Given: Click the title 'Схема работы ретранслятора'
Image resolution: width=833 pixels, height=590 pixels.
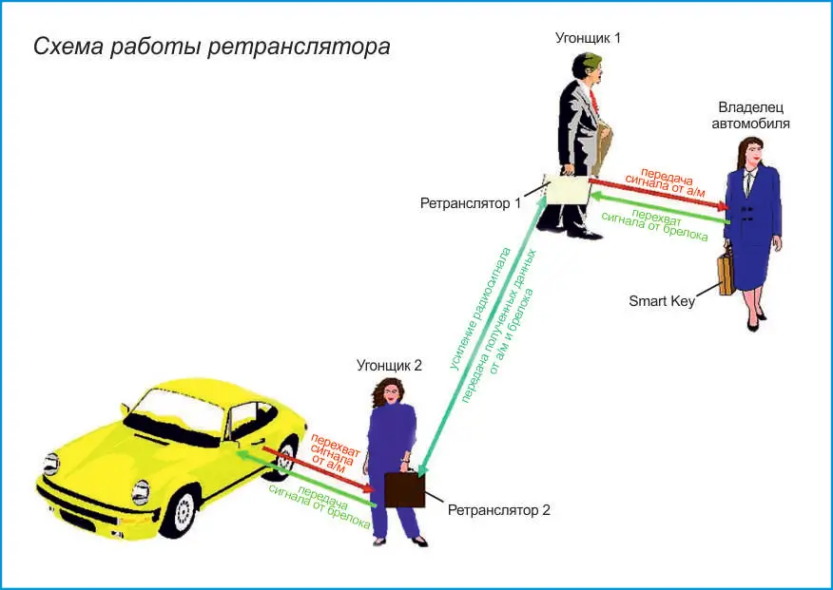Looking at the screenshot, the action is click(x=211, y=48).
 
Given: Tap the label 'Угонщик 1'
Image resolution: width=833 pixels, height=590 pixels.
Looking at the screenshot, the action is click(x=588, y=38).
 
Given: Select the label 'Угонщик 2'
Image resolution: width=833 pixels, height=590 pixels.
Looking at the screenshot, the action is click(x=389, y=366).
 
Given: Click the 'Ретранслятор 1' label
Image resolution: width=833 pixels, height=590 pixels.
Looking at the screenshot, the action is click(x=470, y=203).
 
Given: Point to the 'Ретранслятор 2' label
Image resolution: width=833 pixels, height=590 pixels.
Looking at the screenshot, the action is click(x=499, y=510).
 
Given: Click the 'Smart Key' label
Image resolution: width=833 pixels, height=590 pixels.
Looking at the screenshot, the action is click(x=662, y=301).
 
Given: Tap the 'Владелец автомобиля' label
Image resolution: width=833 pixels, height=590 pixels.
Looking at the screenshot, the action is click(x=750, y=115).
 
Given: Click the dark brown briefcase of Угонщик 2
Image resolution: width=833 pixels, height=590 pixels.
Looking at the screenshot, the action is click(x=404, y=489).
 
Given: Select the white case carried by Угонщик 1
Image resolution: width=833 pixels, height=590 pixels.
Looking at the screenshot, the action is click(x=568, y=189).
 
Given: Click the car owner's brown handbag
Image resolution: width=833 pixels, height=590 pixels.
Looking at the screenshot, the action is click(x=726, y=274).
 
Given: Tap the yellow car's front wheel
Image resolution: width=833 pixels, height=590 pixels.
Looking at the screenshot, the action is click(x=182, y=510).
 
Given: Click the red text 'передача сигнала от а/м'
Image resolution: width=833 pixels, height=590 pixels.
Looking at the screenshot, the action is click(x=666, y=182).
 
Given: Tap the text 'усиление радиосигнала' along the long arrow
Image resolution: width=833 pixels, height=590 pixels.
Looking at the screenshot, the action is click(x=481, y=308).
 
